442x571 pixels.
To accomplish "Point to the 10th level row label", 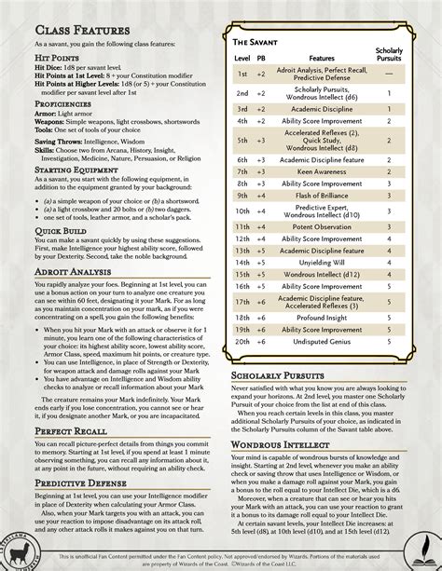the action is [x=242, y=211].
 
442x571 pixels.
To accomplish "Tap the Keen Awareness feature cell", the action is [x=322, y=171].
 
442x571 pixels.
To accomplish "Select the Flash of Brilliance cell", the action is [x=322, y=196].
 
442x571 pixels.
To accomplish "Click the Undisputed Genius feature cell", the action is [x=322, y=342].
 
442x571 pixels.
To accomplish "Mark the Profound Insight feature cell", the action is [x=322, y=317].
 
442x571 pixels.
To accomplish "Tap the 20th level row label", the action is [x=242, y=342].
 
